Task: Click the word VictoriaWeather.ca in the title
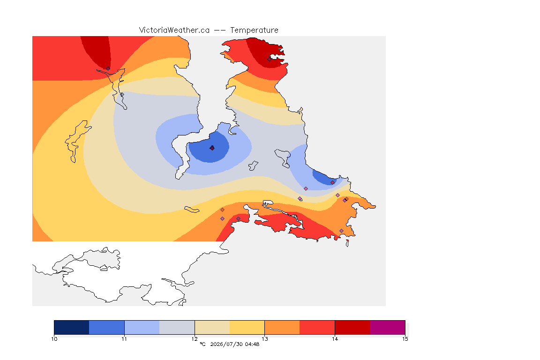[x=174, y=30]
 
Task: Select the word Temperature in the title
[x=254, y=30]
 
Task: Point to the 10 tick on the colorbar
[x=54, y=339]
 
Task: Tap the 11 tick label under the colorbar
[x=124, y=339]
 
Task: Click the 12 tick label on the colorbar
[x=195, y=339]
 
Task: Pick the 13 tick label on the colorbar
[x=264, y=339]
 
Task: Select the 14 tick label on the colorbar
[x=335, y=339]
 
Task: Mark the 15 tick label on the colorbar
[x=405, y=339]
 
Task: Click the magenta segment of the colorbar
[x=388, y=327]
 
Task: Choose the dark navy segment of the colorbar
[x=72, y=327]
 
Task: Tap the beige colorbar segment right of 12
[x=212, y=327]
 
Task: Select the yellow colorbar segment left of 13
[x=247, y=327]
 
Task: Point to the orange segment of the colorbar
[x=282, y=327]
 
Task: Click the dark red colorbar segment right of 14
[x=352, y=327]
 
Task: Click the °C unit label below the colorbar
[x=202, y=344]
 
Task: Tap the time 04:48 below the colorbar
[x=252, y=344]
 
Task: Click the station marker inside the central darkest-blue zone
[x=212, y=148]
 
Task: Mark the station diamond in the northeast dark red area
[x=270, y=59]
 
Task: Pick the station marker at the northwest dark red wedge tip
[x=108, y=69]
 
